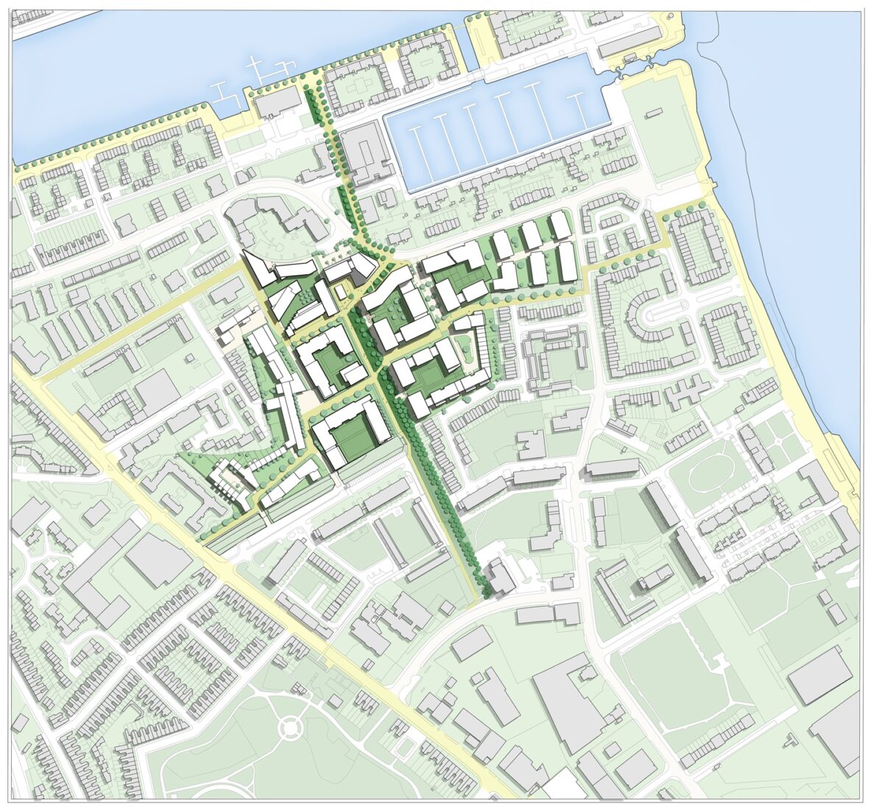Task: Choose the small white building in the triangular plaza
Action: [339, 291]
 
